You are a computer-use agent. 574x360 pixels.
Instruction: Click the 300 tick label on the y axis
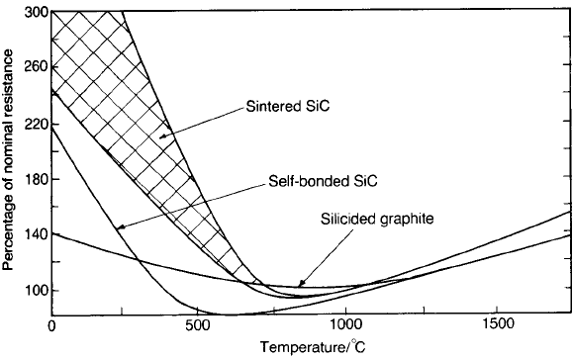point(37,12)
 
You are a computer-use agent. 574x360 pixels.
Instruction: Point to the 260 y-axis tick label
point(37,67)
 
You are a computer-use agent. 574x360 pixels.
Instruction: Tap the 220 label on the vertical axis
point(37,125)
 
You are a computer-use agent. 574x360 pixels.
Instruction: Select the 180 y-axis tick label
point(37,179)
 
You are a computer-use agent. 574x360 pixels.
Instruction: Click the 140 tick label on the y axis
point(37,234)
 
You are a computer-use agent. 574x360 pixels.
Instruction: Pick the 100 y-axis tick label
point(37,291)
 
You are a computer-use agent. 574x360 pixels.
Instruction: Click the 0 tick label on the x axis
point(52,325)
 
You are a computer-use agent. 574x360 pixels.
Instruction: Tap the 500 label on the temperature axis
point(198,325)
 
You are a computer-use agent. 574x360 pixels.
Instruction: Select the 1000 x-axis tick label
point(345,325)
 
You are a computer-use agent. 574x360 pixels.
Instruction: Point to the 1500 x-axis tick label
point(495,325)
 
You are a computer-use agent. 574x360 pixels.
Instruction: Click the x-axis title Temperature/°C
point(313,346)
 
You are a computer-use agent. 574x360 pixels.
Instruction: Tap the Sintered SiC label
point(287,106)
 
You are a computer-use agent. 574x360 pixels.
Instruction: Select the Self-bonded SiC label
point(323,181)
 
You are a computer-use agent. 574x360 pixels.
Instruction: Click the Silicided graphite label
point(377,219)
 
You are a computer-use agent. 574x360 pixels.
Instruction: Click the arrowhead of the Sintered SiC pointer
point(162,136)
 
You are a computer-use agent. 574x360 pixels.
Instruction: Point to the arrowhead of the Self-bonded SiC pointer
point(120,227)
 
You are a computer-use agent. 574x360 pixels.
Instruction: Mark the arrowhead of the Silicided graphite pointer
point(300,284)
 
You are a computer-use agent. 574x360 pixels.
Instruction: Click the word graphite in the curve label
point(407,220)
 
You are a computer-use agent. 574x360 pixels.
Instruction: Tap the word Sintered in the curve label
point(273,106)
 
